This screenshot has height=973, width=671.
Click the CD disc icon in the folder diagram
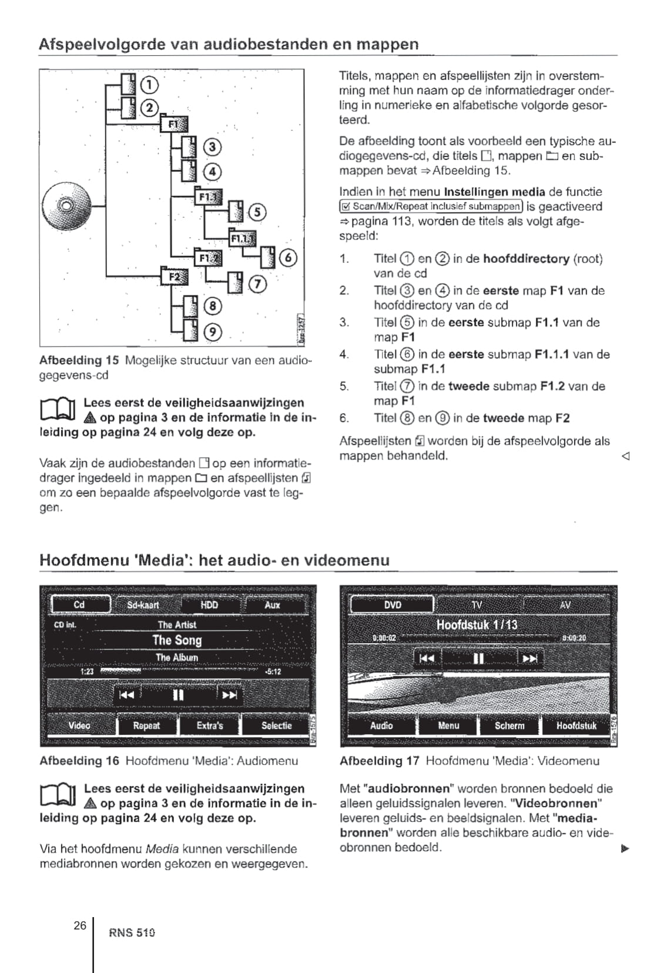click(66, 206)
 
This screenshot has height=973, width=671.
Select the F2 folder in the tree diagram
click(175, 276)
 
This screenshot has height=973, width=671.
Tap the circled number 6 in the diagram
click(287, 258)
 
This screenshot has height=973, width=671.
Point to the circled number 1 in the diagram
click(150, 85)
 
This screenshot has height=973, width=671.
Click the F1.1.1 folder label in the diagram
click(241, 238)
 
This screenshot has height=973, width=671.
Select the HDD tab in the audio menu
click(209, 605)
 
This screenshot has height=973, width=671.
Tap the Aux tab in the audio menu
click(272, 605)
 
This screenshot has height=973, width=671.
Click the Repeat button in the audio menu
click(146, 725)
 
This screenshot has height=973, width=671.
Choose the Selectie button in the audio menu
click(276, 725)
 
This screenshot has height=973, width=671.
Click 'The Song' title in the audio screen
click(177, 640)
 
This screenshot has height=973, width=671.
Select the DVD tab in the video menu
click(392, 605)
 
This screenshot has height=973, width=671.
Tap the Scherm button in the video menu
click(509, 725)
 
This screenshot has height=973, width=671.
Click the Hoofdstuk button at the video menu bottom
click(576, 725)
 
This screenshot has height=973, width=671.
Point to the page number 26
click(80, 925)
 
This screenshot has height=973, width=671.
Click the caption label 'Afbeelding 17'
click(379, 761)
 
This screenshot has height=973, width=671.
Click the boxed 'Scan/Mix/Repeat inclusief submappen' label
click(431, 206)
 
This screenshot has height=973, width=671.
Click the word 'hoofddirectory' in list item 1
click(526, 259)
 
